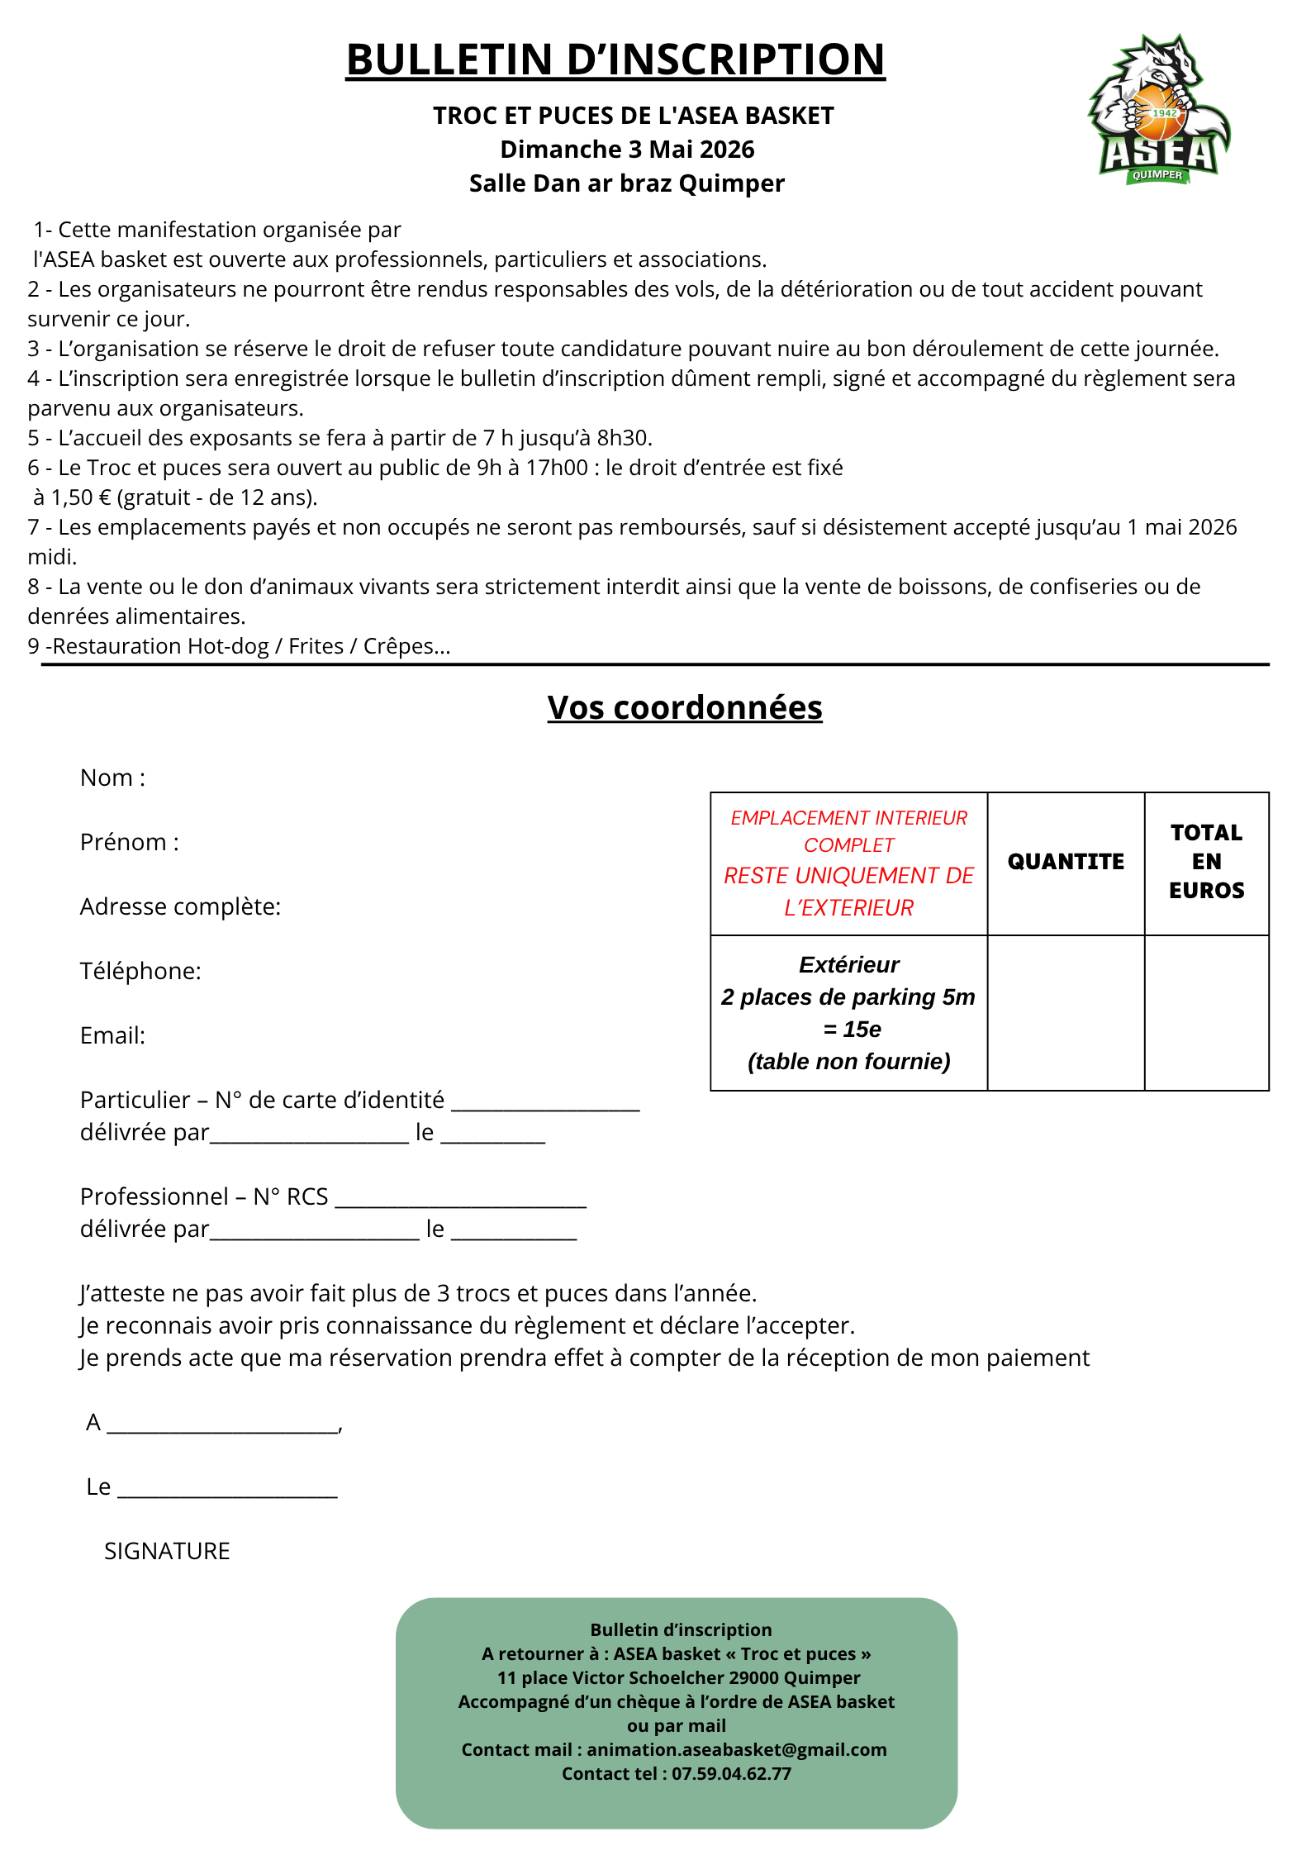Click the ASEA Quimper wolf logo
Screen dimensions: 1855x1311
pos(1160,109)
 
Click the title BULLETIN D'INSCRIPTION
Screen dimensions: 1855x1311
pos(615,60)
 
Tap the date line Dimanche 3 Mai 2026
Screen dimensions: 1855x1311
pos(627,150)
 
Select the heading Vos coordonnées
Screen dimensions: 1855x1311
pos(684,708)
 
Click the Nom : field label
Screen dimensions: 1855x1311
pos(112,778)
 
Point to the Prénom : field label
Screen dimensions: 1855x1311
pos(129,843)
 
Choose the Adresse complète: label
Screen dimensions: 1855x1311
pos(180,907)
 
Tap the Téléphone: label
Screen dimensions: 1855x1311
pos(140,972)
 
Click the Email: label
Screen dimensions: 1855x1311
pos(112,1036)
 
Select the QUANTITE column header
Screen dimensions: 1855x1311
pos(1066,862)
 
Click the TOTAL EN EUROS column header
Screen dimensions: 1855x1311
pos(1206,862)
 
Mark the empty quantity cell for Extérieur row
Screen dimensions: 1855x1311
pos(1066,1013)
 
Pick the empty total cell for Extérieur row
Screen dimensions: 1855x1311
pos(1206,1013)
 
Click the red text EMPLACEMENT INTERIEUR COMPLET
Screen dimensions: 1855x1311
pos(848,831)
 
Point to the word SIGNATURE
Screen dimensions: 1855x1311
pos(167,1552)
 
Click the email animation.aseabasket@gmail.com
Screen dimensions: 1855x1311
pos(736,1750)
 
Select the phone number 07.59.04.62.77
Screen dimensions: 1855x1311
pos(731,1774)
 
